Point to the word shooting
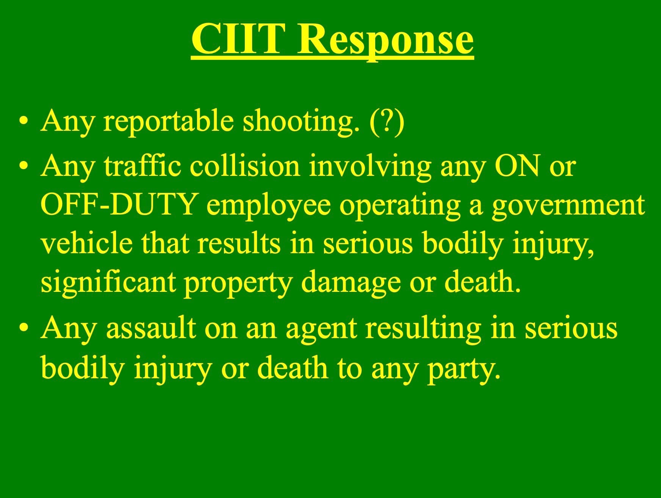point(301,122)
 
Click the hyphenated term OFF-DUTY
point(118,204)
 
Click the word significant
point(108,283)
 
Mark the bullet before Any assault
point(24,329)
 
